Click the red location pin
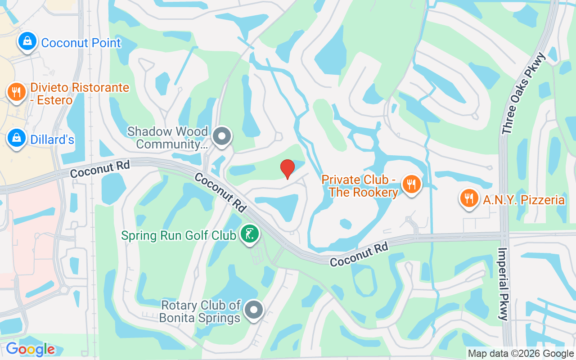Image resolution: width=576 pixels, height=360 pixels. [288, 169]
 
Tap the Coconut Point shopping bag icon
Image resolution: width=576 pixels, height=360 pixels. [27, 42]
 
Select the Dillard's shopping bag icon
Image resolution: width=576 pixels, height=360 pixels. [17, 139]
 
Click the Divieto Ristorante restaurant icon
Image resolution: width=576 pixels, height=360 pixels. [17, 92]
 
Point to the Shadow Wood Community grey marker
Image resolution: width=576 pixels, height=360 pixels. [221, 136]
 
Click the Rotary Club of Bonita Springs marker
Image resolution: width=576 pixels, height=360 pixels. [254, 310]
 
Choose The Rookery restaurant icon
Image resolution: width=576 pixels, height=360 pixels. [411, 184]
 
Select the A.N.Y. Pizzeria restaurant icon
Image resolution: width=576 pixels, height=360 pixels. [469, 198]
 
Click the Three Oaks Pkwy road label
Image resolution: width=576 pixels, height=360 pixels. [524, 93]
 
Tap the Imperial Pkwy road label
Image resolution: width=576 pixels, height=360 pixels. [503, 283]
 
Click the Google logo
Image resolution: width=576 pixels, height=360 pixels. [30, 349]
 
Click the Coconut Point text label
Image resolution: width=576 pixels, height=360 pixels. [81, 43]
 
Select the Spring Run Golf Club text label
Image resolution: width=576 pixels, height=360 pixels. [179, 235]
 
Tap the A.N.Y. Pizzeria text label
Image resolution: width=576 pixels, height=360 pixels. [524, 199]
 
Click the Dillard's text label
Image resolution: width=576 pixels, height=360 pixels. [52, 139]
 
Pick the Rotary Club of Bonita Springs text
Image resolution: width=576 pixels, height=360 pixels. [201, 311]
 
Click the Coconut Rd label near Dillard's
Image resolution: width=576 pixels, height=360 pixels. [100, 170]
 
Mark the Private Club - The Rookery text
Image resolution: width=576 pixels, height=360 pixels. [360, 186]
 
